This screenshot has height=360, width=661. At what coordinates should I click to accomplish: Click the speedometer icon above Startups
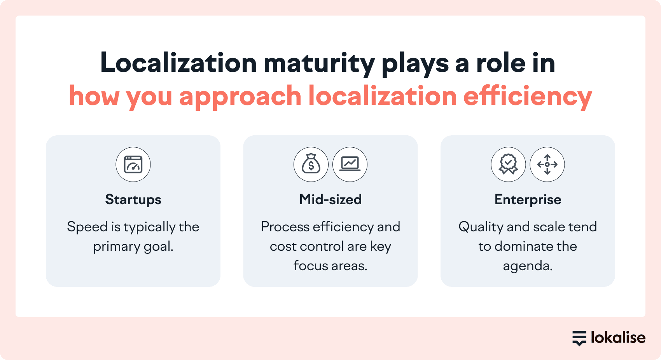[133, 164]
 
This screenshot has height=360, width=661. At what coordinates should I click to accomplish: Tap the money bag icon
[311, 164]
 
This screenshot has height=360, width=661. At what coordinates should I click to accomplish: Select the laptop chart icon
[350, 164]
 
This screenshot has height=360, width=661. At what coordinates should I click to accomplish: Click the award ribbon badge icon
[509, 164]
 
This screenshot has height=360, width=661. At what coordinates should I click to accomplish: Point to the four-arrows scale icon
[547, 164]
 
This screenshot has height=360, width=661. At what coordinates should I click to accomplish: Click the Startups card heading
[133, 200]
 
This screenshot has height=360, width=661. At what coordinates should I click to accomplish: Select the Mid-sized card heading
[330, 199]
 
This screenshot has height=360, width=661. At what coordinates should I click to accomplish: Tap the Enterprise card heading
[528, 200]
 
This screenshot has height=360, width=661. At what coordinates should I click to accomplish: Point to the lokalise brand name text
[618, 337]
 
